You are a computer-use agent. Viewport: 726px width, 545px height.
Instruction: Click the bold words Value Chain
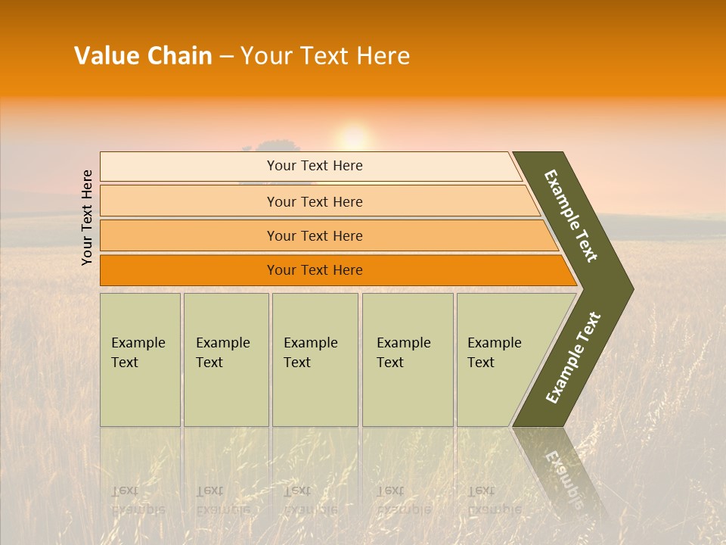coord(143,56)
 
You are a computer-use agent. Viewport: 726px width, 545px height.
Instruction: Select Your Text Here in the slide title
coord(325,56)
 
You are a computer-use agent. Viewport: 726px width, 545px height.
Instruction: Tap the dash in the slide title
coord(226,57)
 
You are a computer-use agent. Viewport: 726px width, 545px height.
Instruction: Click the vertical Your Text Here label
coord(88,218)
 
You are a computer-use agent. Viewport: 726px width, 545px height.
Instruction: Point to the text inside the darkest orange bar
coord(315,270)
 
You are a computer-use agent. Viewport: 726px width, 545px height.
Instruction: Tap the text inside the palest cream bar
coord(315,166)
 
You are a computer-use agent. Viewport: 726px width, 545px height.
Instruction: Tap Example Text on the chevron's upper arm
coord(571,216)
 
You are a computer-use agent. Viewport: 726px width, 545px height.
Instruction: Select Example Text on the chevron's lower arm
coord(573,358)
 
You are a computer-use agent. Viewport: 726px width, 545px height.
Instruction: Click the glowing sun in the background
coord(353,139)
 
